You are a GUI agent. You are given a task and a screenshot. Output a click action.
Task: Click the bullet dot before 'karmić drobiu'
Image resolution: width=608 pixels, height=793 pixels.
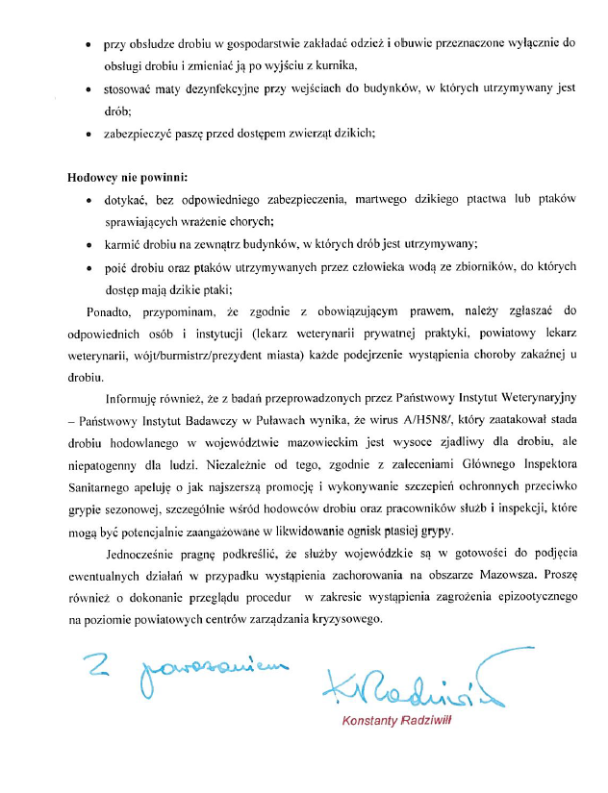(x=89, y=244)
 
